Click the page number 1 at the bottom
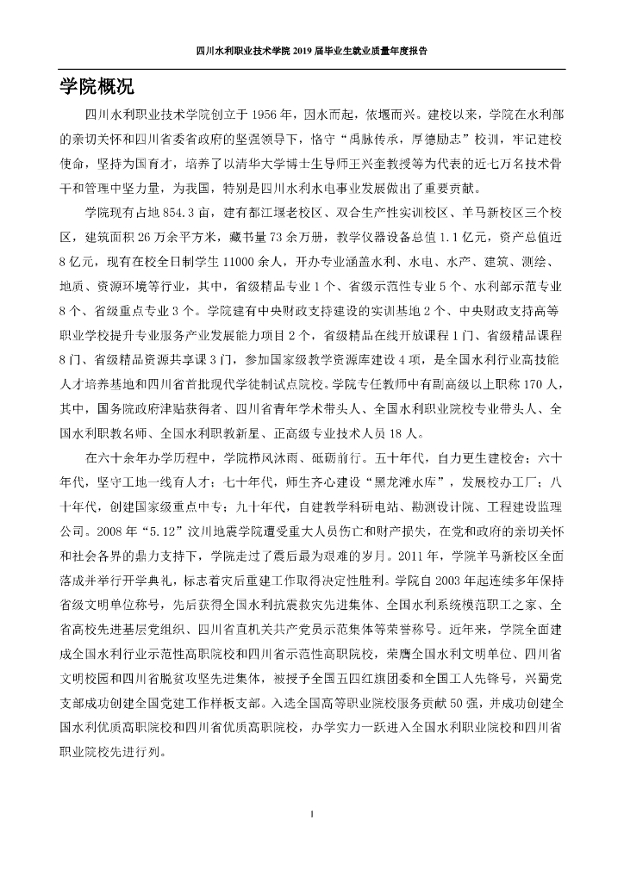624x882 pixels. [x=312, y=812]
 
